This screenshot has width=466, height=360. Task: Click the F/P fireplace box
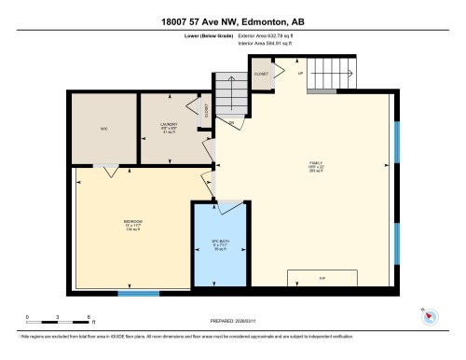322,277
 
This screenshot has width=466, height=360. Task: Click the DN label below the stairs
231,122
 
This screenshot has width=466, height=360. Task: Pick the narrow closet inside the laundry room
206,111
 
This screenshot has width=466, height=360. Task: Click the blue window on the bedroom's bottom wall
139,295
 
